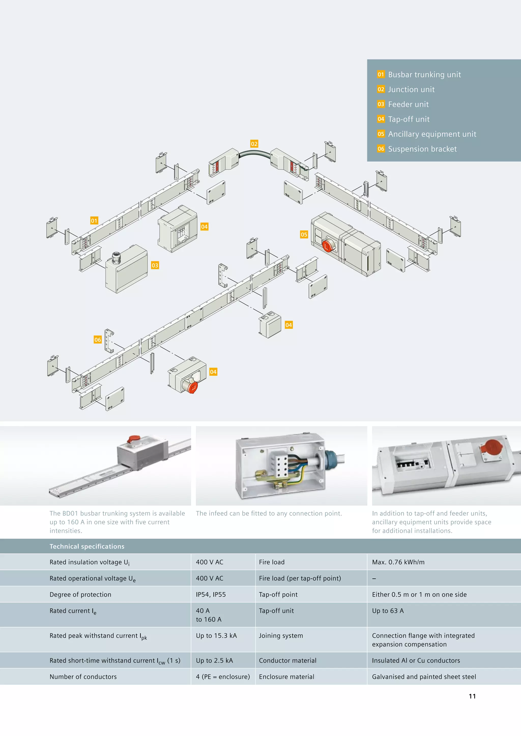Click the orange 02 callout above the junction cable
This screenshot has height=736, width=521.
(254, 144)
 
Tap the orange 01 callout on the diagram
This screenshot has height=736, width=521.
(94, 221)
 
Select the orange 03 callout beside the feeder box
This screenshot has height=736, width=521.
(155, 265)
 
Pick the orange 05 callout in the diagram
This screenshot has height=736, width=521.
(304, 234)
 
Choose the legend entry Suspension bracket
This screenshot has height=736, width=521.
(422, 149)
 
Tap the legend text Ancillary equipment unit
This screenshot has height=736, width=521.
(432, 134)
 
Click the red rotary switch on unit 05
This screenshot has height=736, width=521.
(328, 246)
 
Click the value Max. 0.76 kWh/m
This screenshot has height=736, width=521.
(398, 562)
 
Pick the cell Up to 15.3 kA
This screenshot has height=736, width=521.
(216, 635)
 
